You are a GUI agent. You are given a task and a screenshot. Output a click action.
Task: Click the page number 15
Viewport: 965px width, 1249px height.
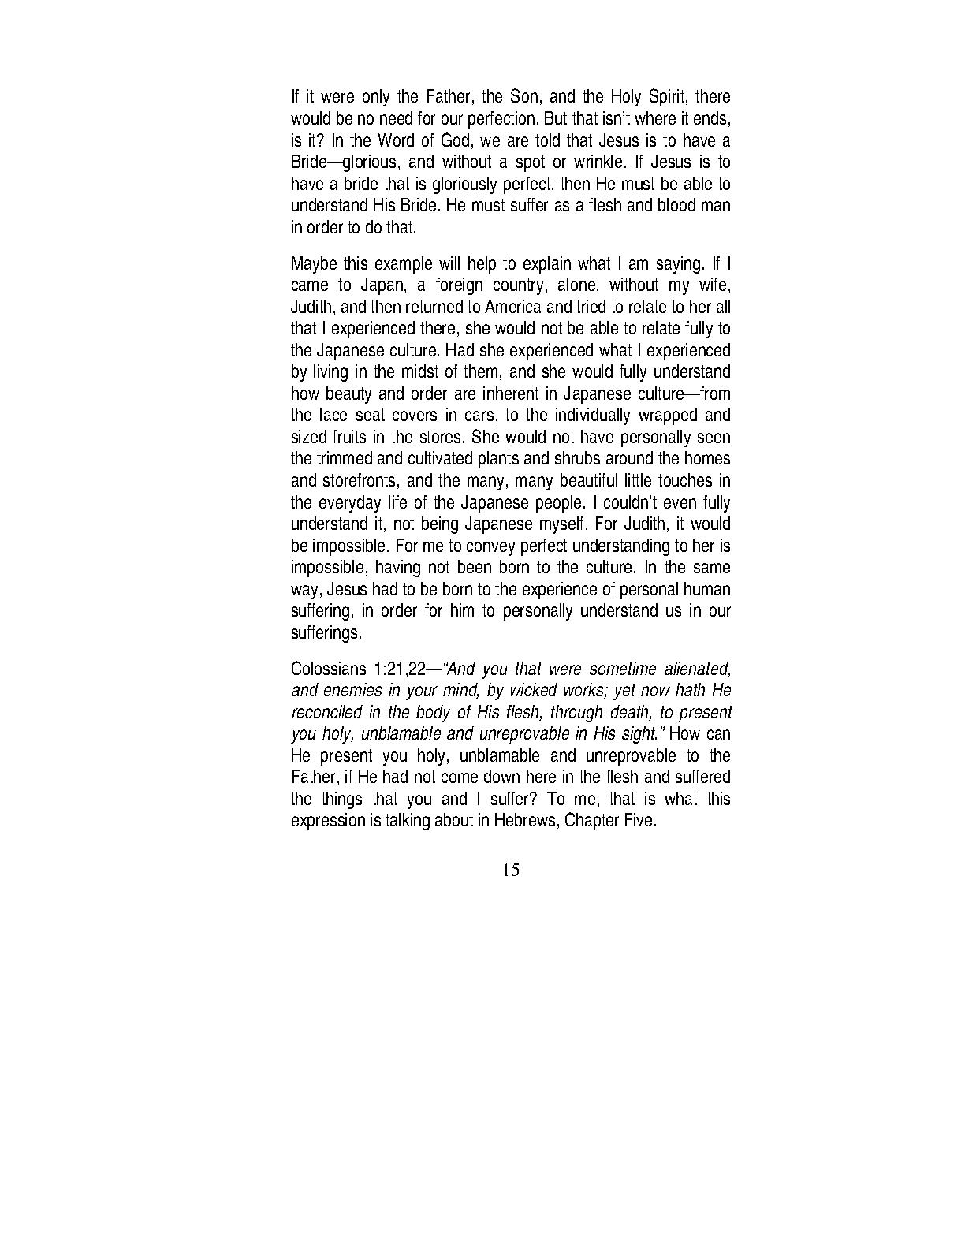coord(510,871)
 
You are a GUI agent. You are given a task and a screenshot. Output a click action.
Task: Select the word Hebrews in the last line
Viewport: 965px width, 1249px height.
coord(523,821)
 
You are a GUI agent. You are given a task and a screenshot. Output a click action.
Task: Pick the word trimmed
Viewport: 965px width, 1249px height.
coord(345,459)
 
